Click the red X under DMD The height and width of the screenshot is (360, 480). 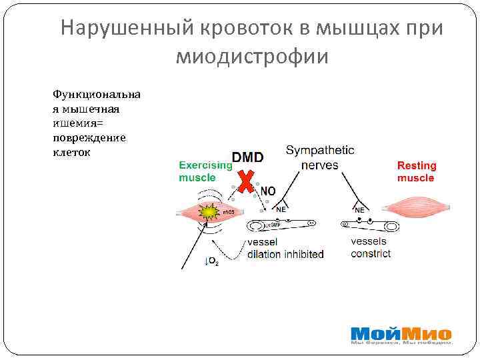coord(248,182)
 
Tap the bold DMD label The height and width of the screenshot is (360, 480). coord(247,158)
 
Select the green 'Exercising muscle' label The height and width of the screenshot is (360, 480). coord(205,171)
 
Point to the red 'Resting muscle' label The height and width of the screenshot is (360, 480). coord(417,172)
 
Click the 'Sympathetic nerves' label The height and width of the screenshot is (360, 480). coord(320,157)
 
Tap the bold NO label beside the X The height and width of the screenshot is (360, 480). coord(267,191)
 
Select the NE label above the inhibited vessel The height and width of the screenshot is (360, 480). coord(281,209)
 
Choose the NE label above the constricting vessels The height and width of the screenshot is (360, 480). coord(359,210)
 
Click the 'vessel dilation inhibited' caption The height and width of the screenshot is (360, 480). coord(285,248)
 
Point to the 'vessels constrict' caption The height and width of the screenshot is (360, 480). coord(371,247)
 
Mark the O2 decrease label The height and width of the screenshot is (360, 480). coord(210,262)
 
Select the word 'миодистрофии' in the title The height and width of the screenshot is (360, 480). coord(252,57)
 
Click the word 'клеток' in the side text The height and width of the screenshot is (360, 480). coord(71,152)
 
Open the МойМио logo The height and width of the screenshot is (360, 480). coord(401,335)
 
